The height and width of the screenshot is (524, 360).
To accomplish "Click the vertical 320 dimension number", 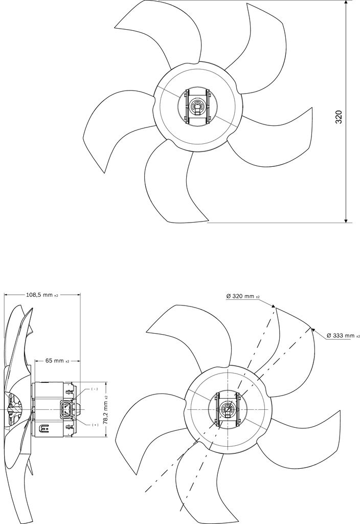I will point(339,117).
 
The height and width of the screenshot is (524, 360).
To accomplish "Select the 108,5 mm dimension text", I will point(42,295).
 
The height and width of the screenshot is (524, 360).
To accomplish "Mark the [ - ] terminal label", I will point(95,389).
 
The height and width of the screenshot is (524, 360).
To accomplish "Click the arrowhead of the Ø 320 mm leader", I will point(274,307).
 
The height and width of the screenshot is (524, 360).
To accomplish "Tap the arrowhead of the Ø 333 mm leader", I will point(313,330).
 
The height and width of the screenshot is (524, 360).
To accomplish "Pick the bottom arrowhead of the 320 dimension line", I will point(346,221).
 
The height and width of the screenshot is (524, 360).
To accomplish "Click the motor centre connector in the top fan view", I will point(197,107).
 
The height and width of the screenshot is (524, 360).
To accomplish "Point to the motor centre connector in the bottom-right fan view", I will point(227,410).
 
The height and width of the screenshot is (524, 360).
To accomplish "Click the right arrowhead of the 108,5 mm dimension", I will point(78,295).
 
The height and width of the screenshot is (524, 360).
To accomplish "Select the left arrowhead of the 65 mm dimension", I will point(36,361).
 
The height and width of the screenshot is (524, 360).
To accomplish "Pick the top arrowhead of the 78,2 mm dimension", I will point(105,383).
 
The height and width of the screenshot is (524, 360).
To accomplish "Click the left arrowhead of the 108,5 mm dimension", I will point(6,295).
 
